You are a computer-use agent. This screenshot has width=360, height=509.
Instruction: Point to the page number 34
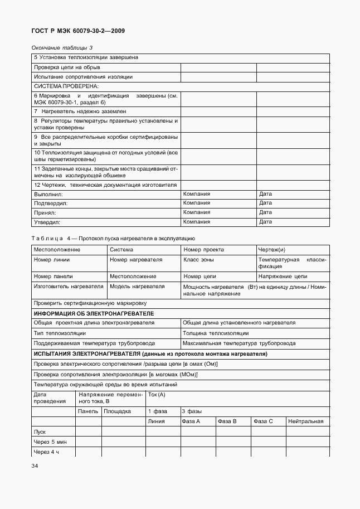35,466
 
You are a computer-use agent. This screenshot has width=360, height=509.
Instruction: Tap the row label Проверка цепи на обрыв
67,67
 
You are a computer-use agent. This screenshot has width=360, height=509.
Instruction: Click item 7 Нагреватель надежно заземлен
80,112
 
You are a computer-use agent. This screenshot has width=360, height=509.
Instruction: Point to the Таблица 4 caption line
113,238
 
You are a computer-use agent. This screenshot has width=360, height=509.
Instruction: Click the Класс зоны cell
199,260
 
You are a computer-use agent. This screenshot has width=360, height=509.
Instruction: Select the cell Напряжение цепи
283,277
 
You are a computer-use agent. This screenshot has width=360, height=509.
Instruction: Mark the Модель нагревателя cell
137,287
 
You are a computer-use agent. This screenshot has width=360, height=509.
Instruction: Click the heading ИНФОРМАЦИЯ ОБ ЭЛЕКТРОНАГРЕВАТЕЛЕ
94,314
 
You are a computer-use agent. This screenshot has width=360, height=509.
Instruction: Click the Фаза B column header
227,421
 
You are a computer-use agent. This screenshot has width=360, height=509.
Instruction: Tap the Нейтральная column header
305,421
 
